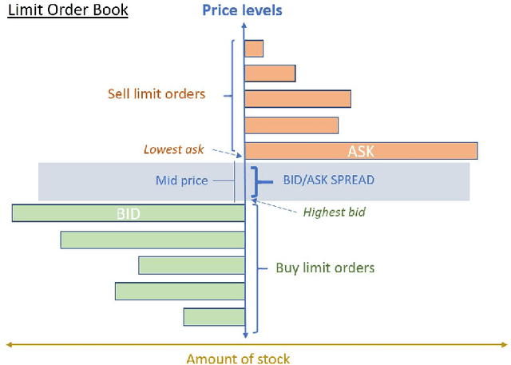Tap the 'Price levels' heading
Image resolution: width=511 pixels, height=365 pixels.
click(x=242, y=10)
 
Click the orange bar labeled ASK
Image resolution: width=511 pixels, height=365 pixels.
click(x=360, y=151)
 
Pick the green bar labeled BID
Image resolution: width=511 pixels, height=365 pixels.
click(x=128, y=212)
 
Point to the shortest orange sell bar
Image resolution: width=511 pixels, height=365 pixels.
click(x=254, y=49)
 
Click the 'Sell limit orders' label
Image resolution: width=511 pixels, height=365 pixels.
click(x=156, y=94)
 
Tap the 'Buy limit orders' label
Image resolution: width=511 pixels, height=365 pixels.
click(x=325, y=268)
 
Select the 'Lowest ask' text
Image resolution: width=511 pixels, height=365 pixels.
click(x=174, y=149)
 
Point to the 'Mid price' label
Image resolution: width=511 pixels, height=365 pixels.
click(x=181, y=181)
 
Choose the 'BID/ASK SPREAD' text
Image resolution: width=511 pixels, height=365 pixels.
click(x=328, y=181)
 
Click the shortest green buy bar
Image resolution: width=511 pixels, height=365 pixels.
click(x=214, y=317)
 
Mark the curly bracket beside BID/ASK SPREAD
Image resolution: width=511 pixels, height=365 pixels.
click(x=255, y=181)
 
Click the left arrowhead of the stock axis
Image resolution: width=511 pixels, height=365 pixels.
click(x=9, y=344)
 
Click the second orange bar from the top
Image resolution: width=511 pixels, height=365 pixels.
click(x=270, y=73)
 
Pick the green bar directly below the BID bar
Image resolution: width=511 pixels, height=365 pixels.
click(x=153, y=240)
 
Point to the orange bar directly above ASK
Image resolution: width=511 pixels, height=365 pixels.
click(x=291, y=125)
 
